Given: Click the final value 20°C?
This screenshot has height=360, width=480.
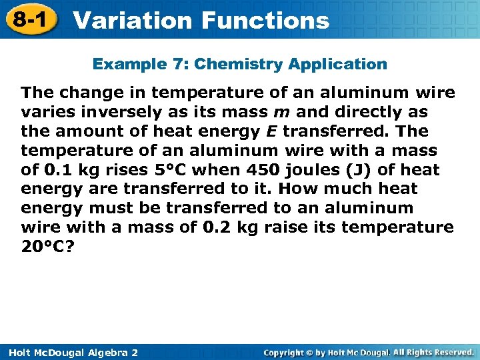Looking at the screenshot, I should pos(47,247).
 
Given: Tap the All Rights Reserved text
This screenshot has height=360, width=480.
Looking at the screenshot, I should pos(432,351).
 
